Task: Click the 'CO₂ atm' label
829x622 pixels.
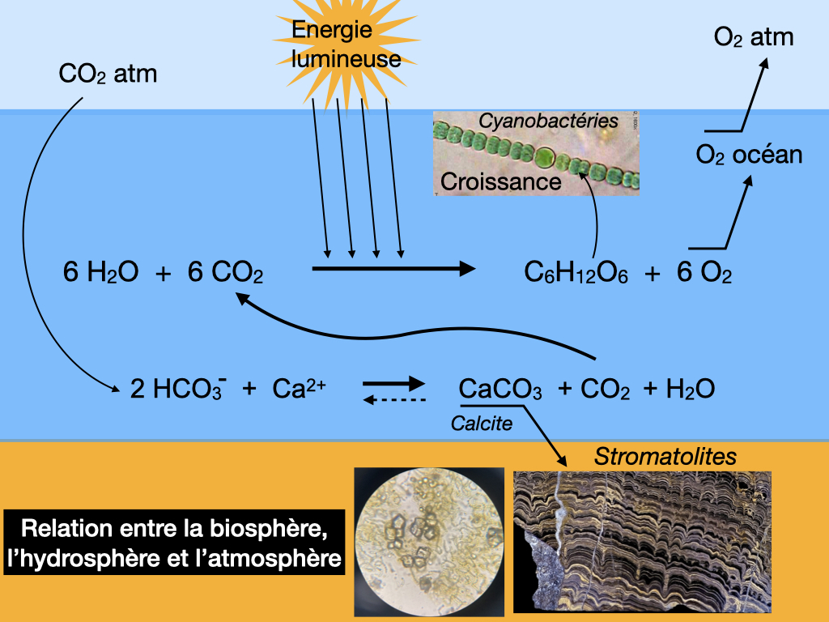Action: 108,75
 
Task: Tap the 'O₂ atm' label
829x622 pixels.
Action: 754,37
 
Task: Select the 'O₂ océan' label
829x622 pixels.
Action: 749,154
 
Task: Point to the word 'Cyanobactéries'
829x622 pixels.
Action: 548,121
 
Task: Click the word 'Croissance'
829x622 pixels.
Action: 501,181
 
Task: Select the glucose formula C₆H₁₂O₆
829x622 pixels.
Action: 576,274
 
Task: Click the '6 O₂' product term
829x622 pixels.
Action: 704,274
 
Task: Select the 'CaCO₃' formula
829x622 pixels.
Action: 500,390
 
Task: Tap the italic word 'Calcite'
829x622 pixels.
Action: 482,423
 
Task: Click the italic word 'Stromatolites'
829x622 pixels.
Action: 665,456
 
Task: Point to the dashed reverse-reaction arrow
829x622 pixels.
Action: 393,399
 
